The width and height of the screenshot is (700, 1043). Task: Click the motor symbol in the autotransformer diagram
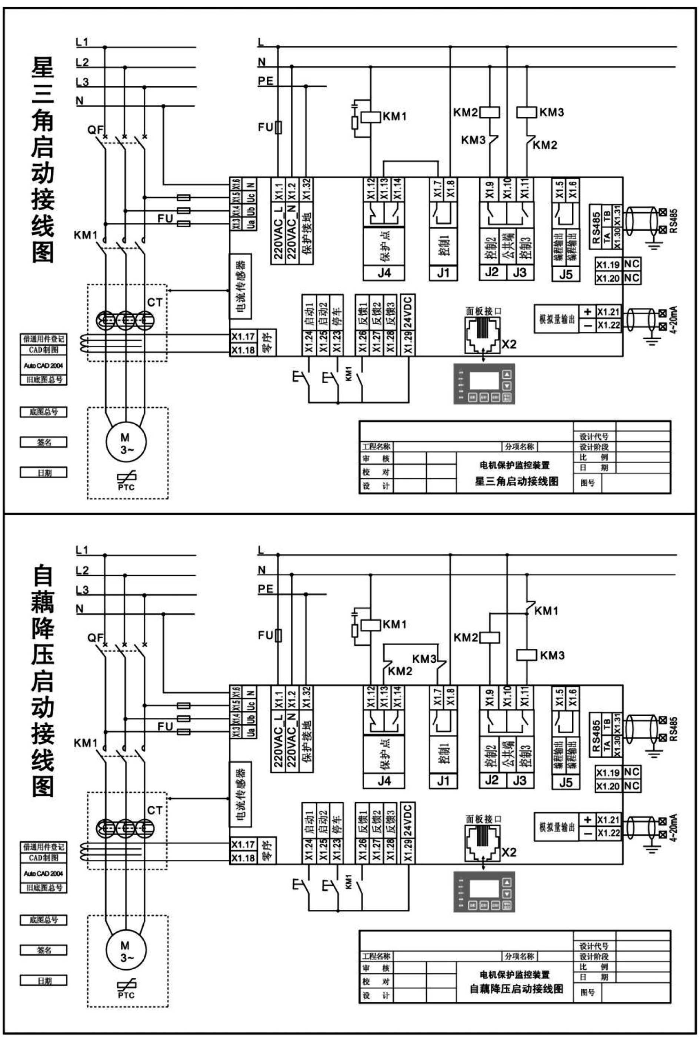[x=126, y=951]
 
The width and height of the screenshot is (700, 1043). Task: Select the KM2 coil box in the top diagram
[x=489, y=112]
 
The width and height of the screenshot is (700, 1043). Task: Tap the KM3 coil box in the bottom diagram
[x=527, y=655]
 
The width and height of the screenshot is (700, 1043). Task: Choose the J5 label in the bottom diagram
[x=566, y=782]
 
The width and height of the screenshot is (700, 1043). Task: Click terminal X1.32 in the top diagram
[x=306, y=190]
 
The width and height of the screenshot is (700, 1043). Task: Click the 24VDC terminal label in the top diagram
[x=407, y=311]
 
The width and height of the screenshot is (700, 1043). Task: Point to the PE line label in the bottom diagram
[x=265, y=589]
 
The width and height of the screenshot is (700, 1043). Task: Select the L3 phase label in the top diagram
[x=82, y=82]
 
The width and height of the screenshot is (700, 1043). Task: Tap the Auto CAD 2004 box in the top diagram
[x=43, y=365]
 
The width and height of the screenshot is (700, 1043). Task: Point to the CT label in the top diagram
[x=154, y=302]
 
